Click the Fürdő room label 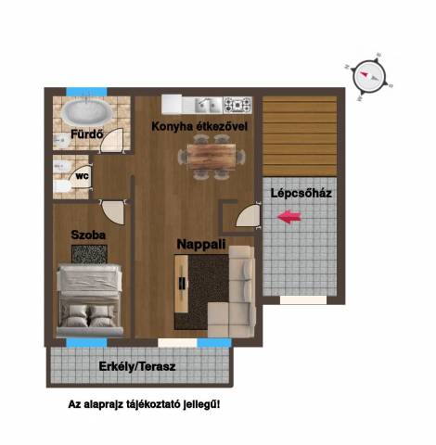tap(87, 134)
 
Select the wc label tap(83, 176)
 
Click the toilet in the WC tap(62, 186)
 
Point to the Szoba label tap(88, 235)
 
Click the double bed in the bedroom tap(90, 299)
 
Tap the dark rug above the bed tap(89, 254)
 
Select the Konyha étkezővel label tap(199, 127)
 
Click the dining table tap(212, 157)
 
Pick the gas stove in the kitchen tap(237, 105)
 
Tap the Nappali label tap(201, 244)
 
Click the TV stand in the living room tap(182, 284)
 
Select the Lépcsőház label tap(301, 193)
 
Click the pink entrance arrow tap(289, 217)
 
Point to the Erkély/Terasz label tap(137, 366)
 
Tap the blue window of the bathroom tap(87, 92)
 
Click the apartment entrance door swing tap(248, 215)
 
